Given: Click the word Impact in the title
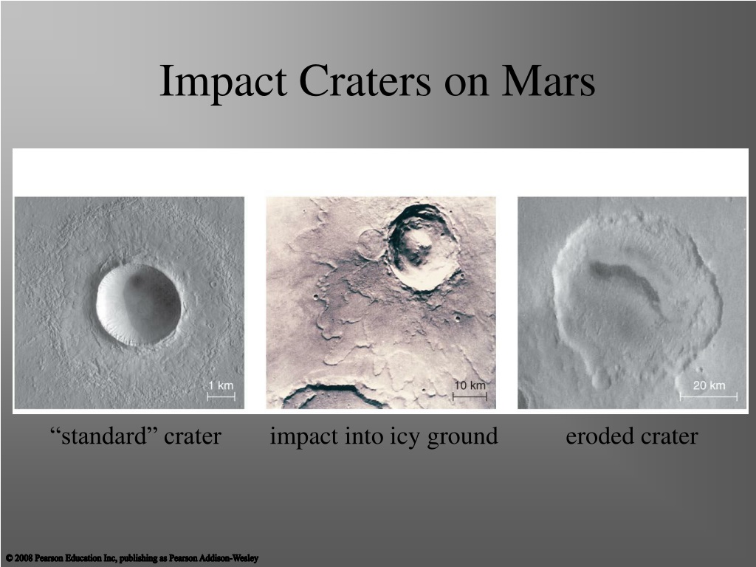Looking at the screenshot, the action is [x=223, y=82].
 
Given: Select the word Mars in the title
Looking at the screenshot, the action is [x=549, y=80].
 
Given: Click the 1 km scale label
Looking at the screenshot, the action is [x=221, y=385].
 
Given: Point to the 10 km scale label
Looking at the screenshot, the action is [x=470, y=385].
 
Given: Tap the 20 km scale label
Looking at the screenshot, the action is [x=709, y=385].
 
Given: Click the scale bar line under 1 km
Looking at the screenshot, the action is [x=221, y=396].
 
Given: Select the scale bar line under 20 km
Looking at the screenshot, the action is [x=708, y=396].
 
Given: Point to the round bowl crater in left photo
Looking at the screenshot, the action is [x=139, y=305].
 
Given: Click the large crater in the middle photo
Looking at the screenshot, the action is [x=422, y=247].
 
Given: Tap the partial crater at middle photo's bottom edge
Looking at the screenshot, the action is [x=333, y=396].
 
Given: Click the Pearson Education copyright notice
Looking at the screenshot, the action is [x=132, y=558].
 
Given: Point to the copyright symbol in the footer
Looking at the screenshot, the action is [x=10, y=558].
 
